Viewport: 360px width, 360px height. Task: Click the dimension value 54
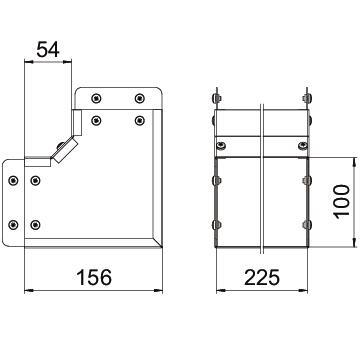(48, 50)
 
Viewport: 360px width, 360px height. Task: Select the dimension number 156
(94, 277)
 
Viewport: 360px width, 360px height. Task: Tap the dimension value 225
(262, 277)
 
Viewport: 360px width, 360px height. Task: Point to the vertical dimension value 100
(342, 202)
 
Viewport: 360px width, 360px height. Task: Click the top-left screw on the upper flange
(96, 98)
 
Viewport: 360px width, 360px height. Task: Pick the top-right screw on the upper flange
(139, 98)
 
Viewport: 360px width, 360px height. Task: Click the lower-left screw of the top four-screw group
(96, 120)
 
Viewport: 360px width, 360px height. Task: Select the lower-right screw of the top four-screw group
(139, 120)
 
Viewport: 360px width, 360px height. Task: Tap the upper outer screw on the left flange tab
(13, 181)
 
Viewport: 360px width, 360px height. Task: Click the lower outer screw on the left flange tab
(13, 225)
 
